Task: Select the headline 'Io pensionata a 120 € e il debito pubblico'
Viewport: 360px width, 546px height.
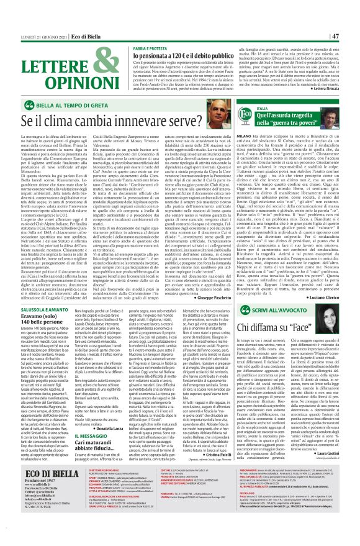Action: point(174,55)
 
